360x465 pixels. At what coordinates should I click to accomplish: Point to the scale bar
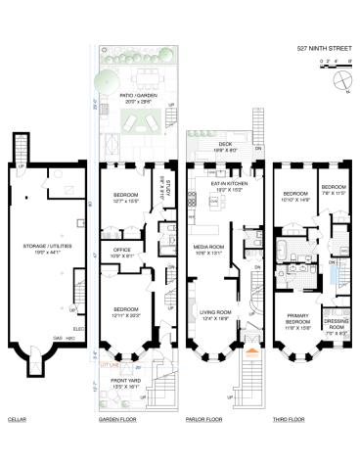[333, 62]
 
